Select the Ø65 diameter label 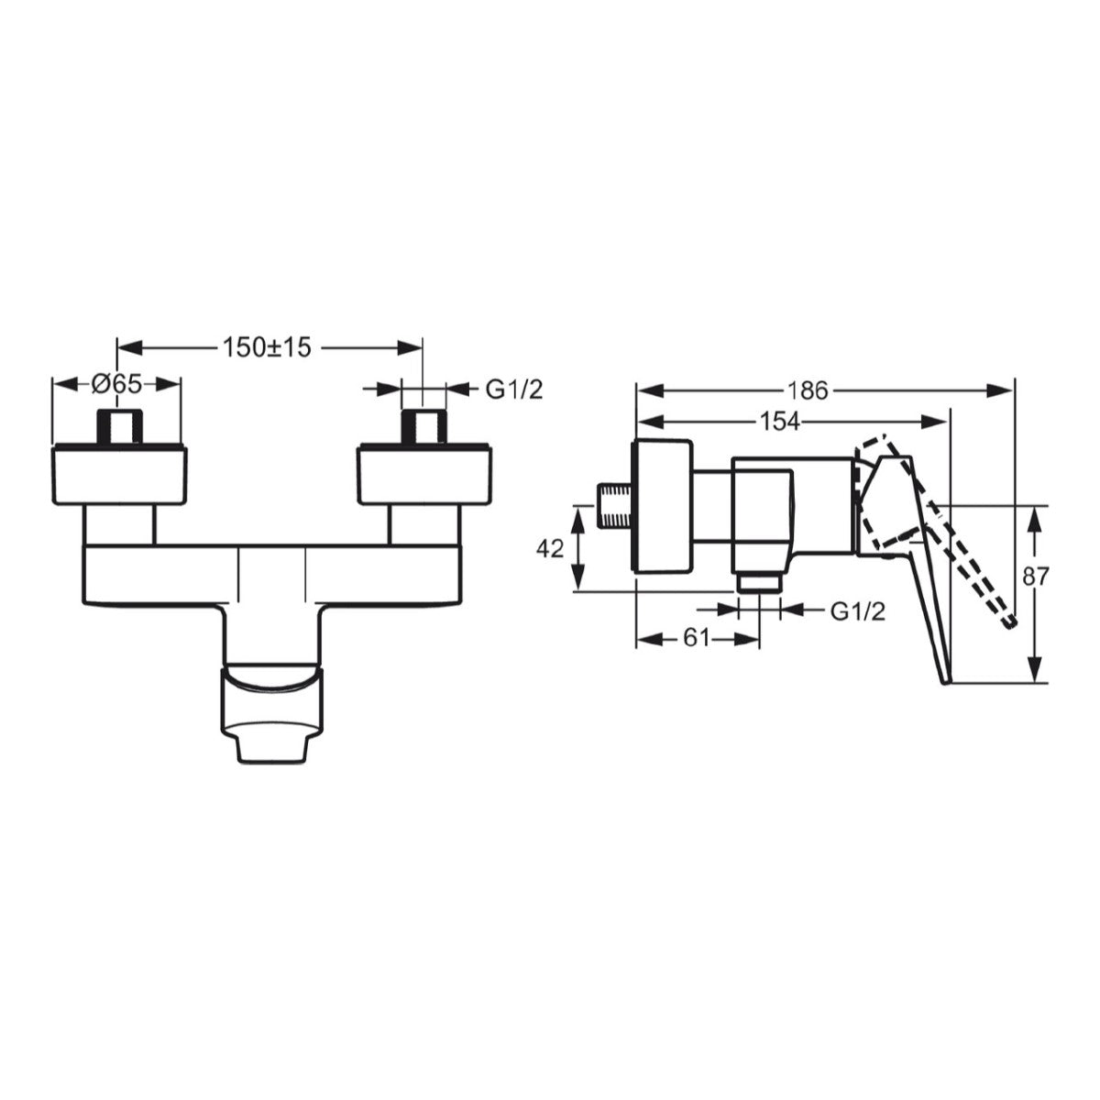pyautogui.click(x=117, y=385)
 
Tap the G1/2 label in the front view pyautogui.click(x=514, y=389)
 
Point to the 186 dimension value pyautogui.click(x=808, y=390)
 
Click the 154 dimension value pyautogui.click(x=780, y=422)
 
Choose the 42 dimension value pyautogui.click(x=549, y=548)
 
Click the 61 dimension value pyautogui.click(x=697, y=638)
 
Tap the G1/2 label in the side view pyautogui.click(x=858, y=611)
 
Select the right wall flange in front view pyautogui.click(x=423, y=475)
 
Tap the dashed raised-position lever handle pyautogui.click(x=953, y=541)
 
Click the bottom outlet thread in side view pyautogui.click(x=760, y=583)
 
